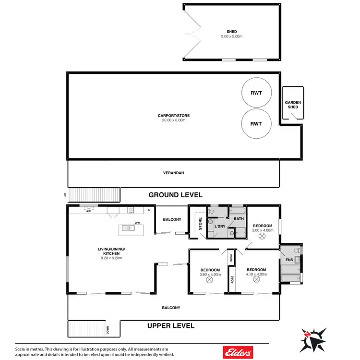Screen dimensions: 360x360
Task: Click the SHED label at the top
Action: pos(231,31)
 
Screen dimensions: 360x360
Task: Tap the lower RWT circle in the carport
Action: pos(256,123)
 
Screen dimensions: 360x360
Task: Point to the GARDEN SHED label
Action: pos(293,105)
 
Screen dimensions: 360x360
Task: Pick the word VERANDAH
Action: pos(173,173)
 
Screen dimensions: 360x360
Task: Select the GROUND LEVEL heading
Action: pos(175,195)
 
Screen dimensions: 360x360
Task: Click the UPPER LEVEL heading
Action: pos(171,326)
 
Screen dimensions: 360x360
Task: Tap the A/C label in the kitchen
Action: pos(88,210)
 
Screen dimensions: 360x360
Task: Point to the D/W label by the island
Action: pos(137,223)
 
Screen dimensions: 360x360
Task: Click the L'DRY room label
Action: pos(220,226)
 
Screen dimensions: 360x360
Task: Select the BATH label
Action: pos(239,219)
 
